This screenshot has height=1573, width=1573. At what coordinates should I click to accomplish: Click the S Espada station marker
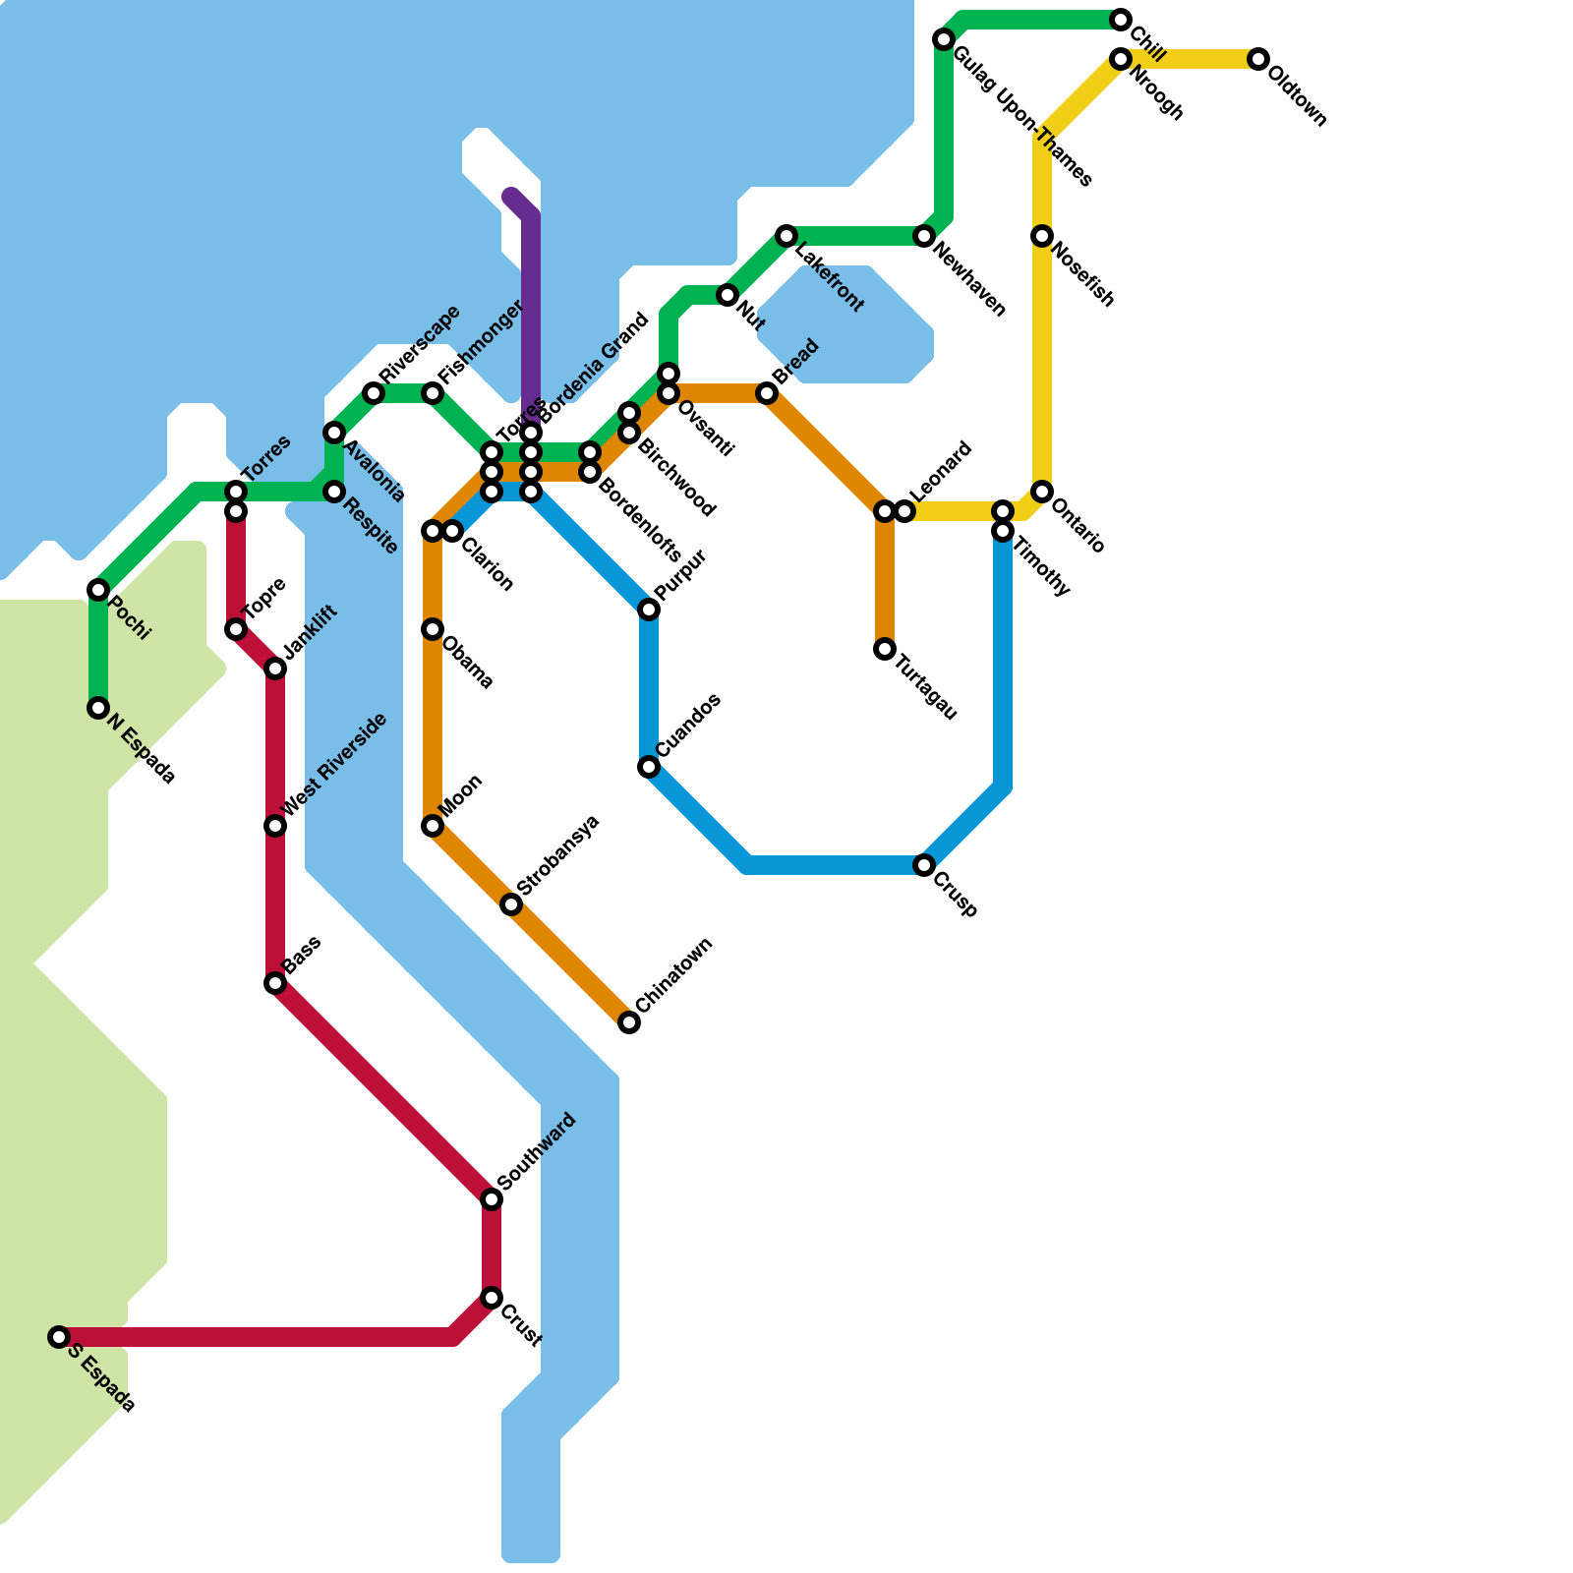pyautogui.click(x=59, y=1337)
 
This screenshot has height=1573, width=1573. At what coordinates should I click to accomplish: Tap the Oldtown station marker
pyautogui.click(x=1258, y=59)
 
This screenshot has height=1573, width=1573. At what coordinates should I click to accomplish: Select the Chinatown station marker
pyautogui.click(x=629, y=1022)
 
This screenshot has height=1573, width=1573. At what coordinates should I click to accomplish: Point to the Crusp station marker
pyautogui.click(x=924, y=865)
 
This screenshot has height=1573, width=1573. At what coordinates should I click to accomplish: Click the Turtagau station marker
pyautogui.click(x=885, y=649)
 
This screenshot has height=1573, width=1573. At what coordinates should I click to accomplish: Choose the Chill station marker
pyautogui.click(x=1121, y=20)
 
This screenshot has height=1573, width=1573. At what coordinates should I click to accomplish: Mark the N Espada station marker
pyautogui.click(x=98, y=708)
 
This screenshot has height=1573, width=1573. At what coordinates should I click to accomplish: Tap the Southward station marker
pyautogui.click(x=492, y=1199)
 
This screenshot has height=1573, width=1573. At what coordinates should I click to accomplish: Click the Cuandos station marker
pyautogui.click(x=649, y=767)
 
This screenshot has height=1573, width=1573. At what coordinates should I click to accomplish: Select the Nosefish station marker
pyautogui.click(x=1042, y=236)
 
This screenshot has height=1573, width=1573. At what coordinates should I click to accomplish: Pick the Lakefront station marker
pyautogui.click(x=786, y=236)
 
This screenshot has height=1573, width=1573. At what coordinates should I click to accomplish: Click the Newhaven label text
pyautogui.click(x=969, y=281)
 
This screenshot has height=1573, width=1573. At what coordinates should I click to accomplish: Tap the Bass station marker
pyautogui.click(x=275, y=983)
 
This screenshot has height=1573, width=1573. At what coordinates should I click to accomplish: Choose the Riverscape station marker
pyautogui.click(x=374, y=393)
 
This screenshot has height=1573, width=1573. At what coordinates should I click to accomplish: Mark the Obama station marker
pyautogui.click(x=433, y=629)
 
